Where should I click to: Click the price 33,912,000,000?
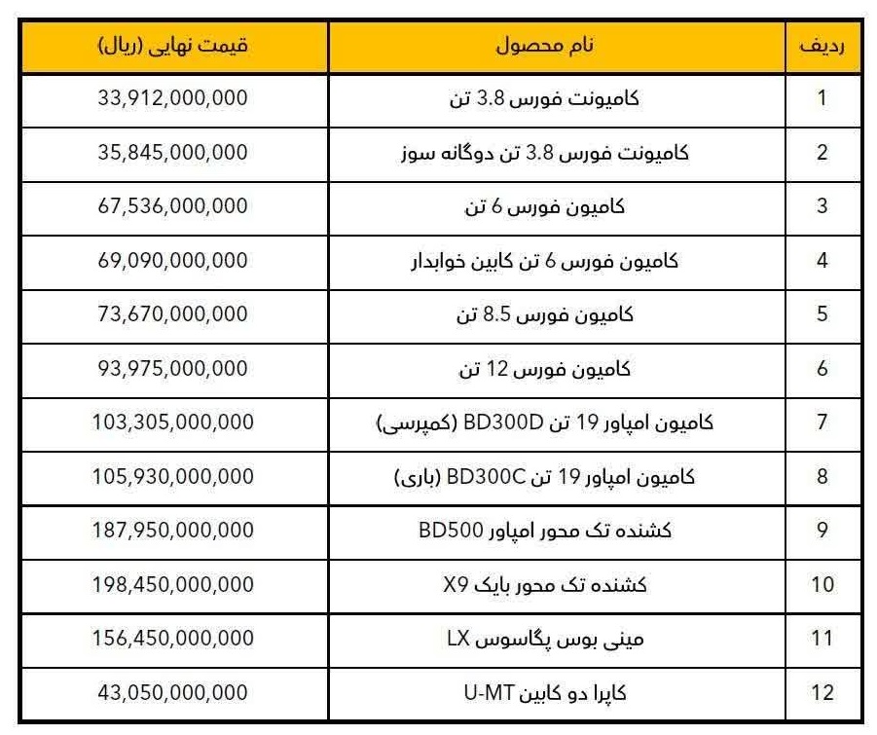coord(173,98)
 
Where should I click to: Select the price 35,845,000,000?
coord(173,153)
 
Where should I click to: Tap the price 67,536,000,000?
coord(173,206)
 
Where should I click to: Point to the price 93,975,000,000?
coord(173,369)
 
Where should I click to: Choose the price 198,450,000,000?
coord(175,584)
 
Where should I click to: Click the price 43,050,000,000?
coord(173,693)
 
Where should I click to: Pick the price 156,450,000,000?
coord(175,639)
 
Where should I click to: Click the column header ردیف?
coord(822,46)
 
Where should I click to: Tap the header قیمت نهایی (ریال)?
coord(173,46)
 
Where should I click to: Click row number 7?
coord(822,423)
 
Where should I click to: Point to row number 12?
coord(822,693)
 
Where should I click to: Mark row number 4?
coord(822,261)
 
